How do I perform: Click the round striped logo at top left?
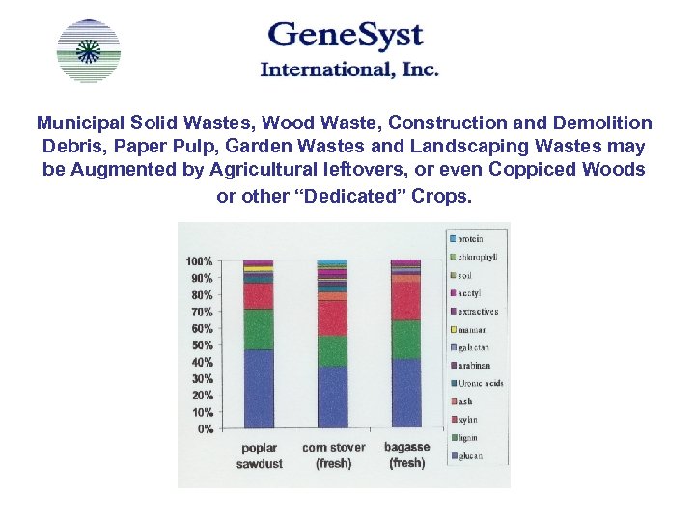pos(89,51)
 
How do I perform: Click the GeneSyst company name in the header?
pos(346,37)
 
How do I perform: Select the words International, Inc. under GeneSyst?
pos(349,69)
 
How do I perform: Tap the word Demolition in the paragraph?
pos(603,123)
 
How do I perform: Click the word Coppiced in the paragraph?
pos(532,170)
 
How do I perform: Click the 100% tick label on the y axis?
pos(199,262)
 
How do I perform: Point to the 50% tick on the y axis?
pos(201,345)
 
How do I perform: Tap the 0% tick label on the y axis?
pos(205,429)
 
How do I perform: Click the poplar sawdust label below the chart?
pos(259,455)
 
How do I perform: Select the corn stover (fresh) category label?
pos(333,455)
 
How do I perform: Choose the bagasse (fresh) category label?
pos(406,455)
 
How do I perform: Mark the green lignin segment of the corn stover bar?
pos(333,350)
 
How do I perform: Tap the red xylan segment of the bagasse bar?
pos(406,301)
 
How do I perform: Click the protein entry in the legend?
pos(469,239)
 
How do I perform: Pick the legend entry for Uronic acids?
pos(479,384)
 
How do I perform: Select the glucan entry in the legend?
pos(469,456)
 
